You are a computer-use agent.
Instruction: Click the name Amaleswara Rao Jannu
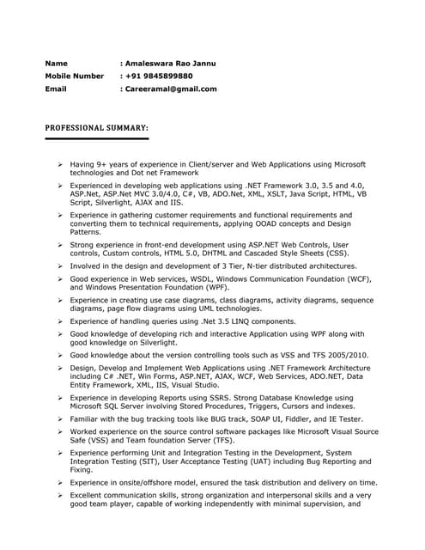pos(170,64)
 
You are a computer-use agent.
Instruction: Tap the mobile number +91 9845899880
pos(159,76)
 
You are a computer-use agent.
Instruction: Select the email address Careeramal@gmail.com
pos(171,89)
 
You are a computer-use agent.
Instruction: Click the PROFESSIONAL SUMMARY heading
pos(96,127)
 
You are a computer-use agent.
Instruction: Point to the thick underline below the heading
pos(96,137)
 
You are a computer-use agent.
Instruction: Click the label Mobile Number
pos(74,76)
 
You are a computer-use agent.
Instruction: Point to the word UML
pos(203,309)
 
